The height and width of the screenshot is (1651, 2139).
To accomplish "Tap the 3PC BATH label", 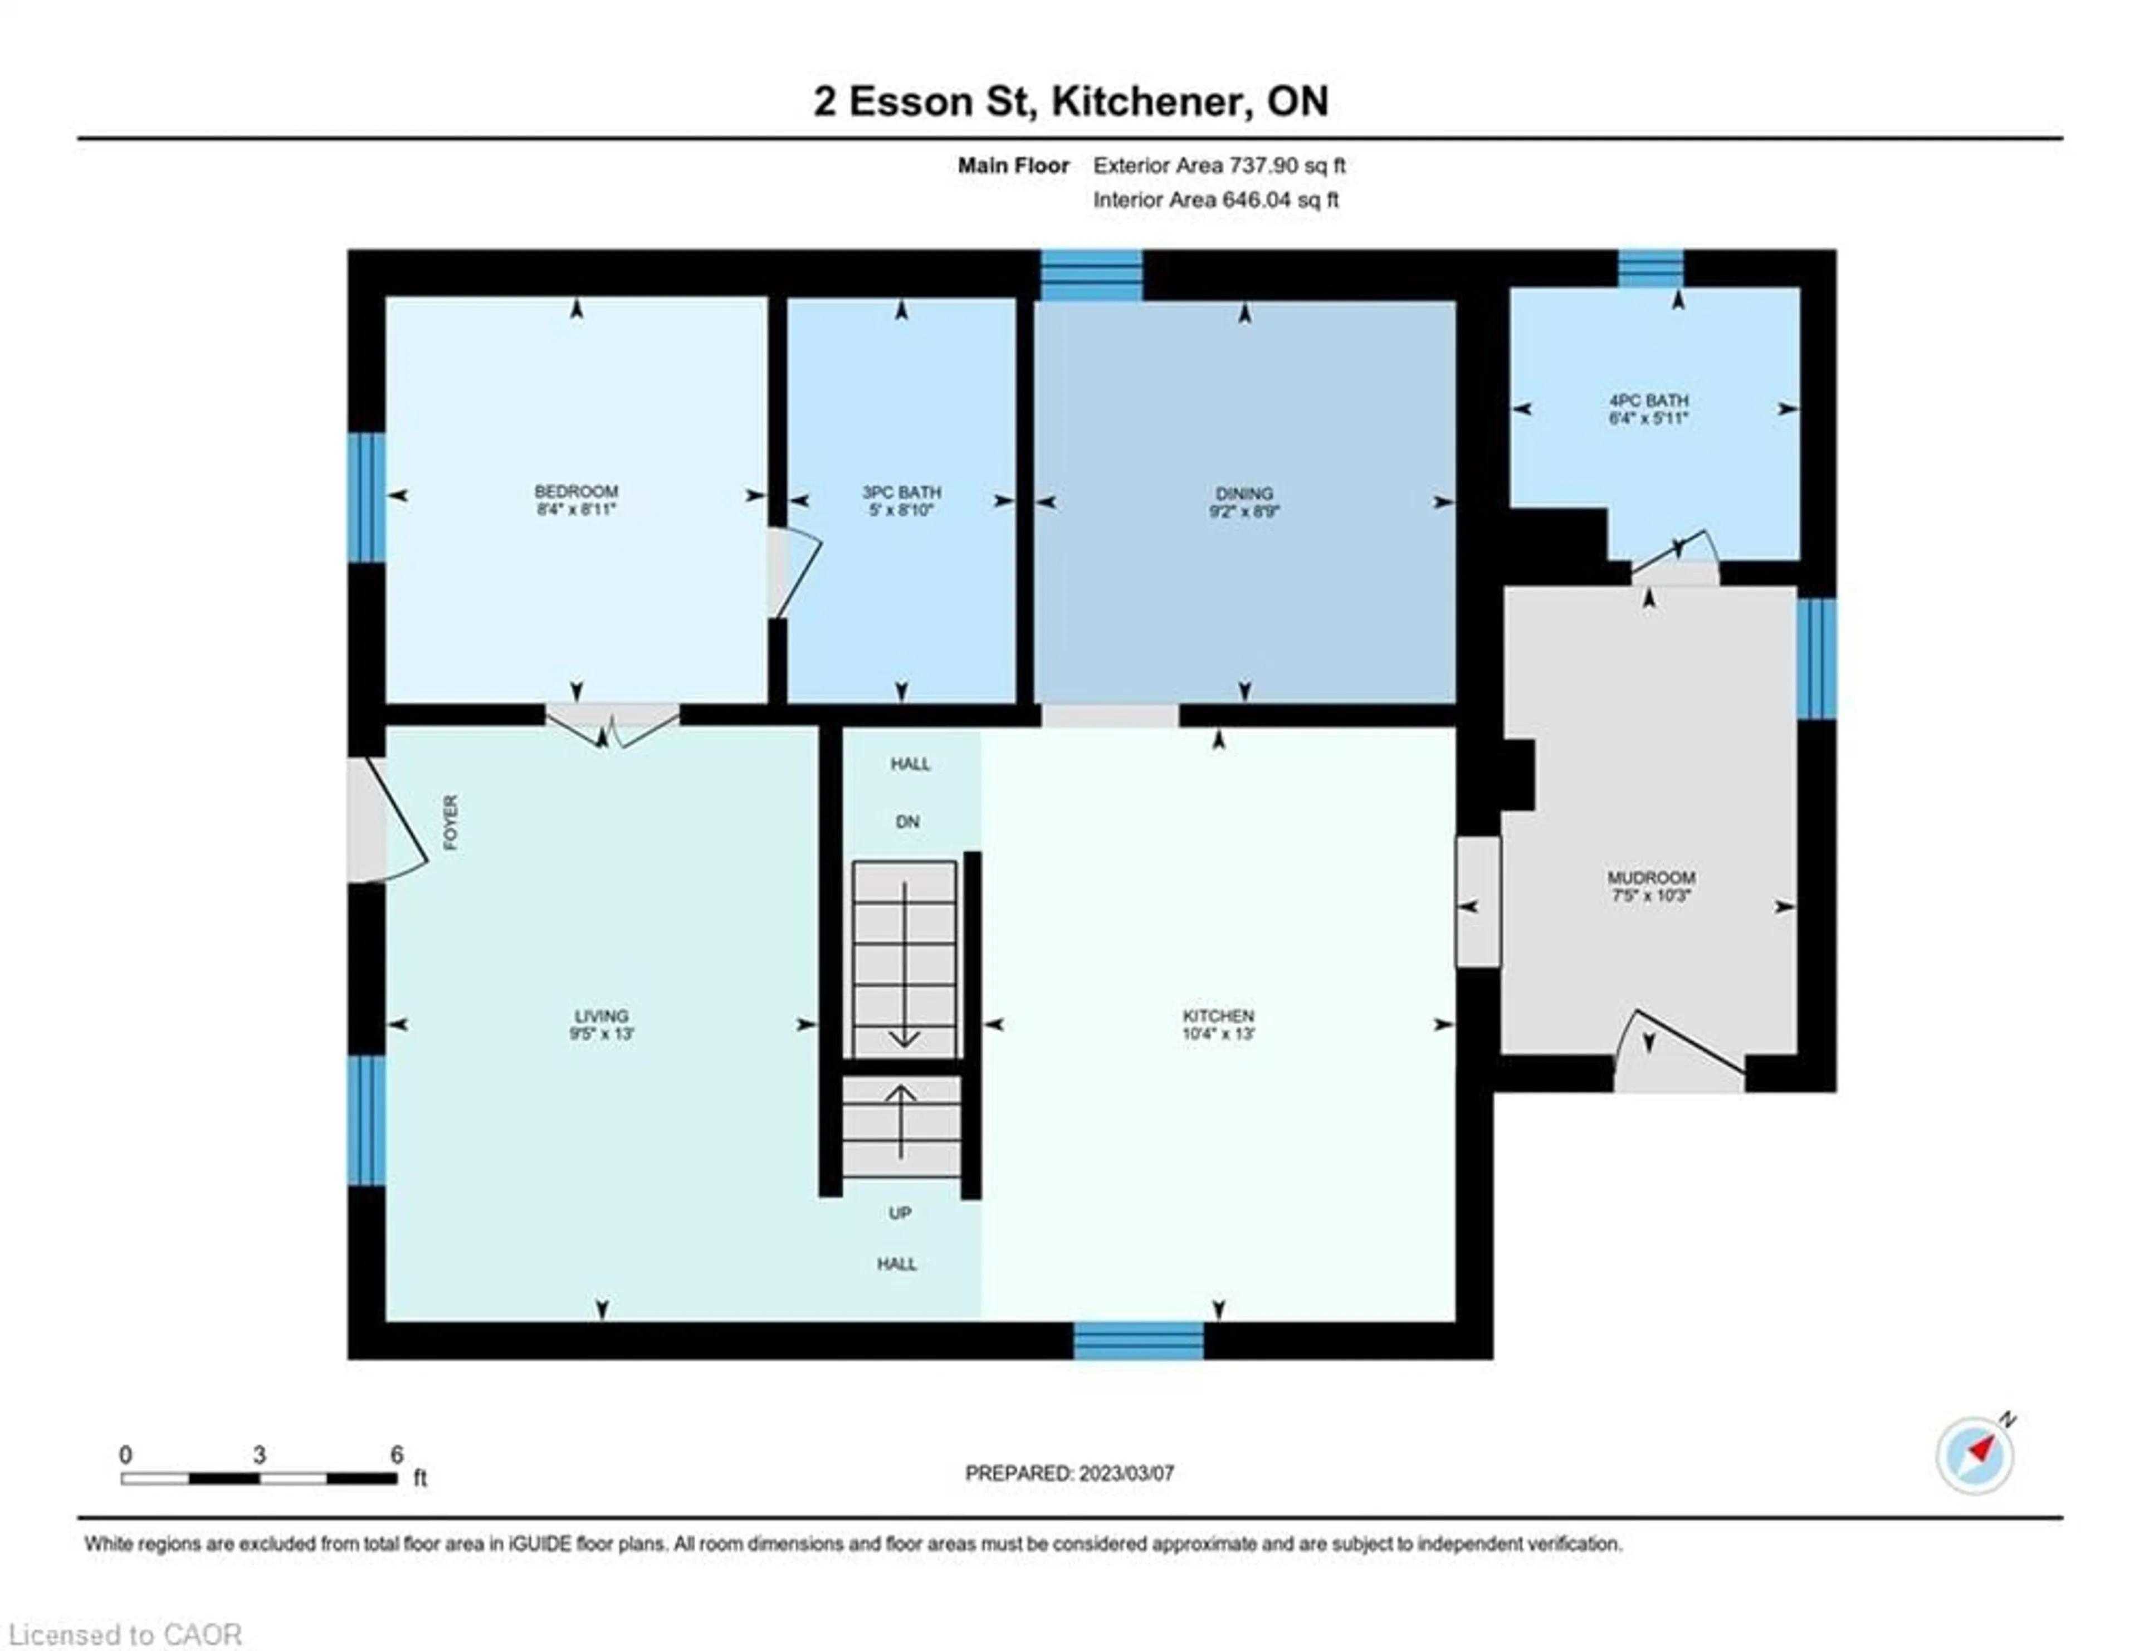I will coord(901,492).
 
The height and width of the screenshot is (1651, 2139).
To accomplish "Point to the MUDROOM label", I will coord(1650,877).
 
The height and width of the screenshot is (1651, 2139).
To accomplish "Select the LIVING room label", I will coord(602,1015).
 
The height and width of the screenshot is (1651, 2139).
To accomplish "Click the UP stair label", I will coord(899,1213).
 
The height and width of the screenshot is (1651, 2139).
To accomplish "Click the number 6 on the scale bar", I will coord(397,1455).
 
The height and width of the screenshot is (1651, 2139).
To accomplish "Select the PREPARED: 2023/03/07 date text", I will coord(1069,1473).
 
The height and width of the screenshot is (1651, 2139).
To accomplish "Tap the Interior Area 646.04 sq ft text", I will coord(1215,200).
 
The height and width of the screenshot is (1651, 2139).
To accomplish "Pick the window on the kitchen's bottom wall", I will coord(1138,1341).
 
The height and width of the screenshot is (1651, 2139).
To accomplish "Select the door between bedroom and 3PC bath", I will coord(792,573).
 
